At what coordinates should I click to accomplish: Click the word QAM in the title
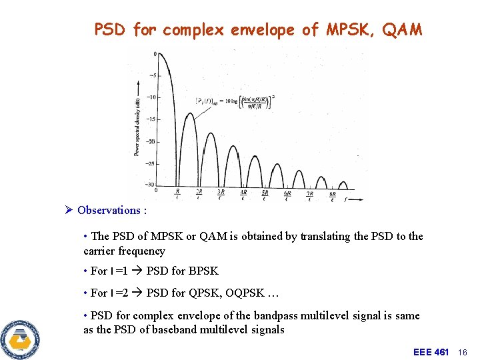402,30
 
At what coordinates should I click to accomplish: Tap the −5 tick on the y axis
153,75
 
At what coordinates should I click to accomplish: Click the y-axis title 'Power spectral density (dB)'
137,119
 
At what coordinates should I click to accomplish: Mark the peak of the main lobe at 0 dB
158,54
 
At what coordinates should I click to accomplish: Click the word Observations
108,211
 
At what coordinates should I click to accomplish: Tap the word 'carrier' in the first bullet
99,251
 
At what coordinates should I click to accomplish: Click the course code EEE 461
431,351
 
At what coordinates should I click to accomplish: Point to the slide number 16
465,351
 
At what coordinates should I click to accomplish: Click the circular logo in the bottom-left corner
20,339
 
